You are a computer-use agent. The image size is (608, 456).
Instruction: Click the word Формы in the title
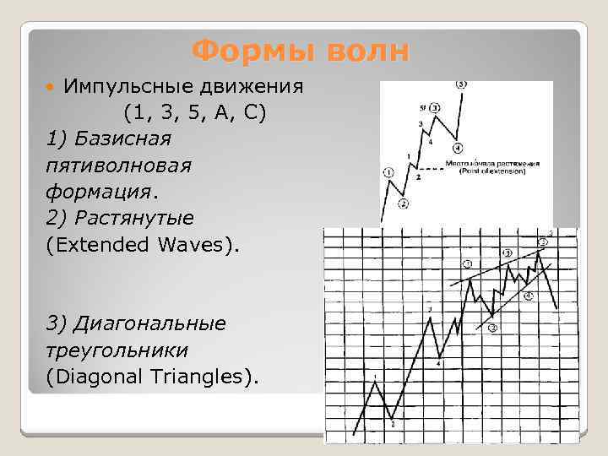coord(243,51)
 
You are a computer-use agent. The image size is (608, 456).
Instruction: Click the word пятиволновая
coord(119,166)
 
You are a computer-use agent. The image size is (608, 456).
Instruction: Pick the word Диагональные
coord(149,323)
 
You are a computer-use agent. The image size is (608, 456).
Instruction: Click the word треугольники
coord(117,350)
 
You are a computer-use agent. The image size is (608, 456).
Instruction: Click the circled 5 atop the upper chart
coord(460,84)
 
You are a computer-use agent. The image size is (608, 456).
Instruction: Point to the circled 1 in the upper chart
coord(388,172)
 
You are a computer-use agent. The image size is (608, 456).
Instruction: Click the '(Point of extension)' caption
coord(492,171)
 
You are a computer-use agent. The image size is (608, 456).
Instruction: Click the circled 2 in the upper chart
coord(403,204)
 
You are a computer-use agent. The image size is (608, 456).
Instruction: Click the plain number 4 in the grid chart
coord(439,364)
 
